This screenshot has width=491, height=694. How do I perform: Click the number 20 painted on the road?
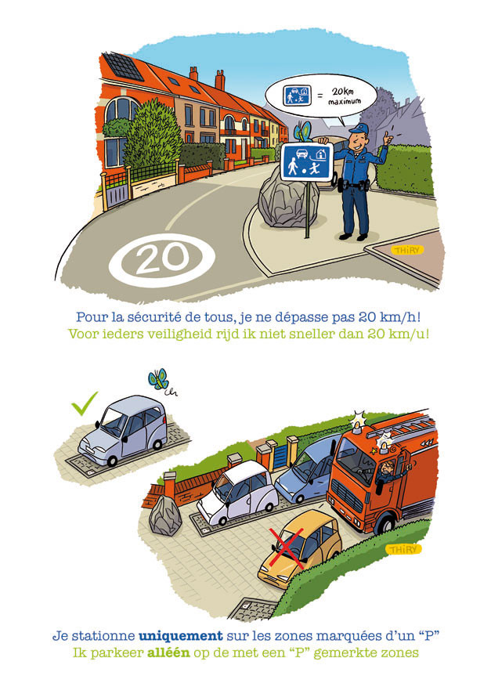[x=162, y=258]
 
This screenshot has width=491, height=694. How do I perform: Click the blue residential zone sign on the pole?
[x=306, y=161]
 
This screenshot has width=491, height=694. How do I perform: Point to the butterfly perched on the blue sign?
[x=303, y=132]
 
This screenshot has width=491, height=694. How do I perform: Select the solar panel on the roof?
[x=124, y=67]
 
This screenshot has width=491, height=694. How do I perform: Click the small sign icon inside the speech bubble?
[x=297, y=95]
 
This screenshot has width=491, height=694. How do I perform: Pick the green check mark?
[x=84, y=403]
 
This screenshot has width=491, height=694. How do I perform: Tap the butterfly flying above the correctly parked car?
[x=158, y=379]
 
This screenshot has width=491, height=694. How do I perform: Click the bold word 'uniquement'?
[x=180, y=636]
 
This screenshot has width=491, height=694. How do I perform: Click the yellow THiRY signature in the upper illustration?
[x=408, y=250]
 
